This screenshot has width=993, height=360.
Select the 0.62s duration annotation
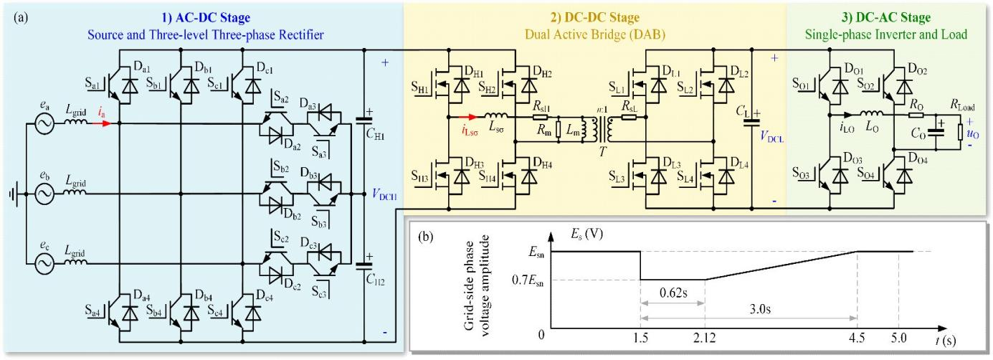point(673,294)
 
